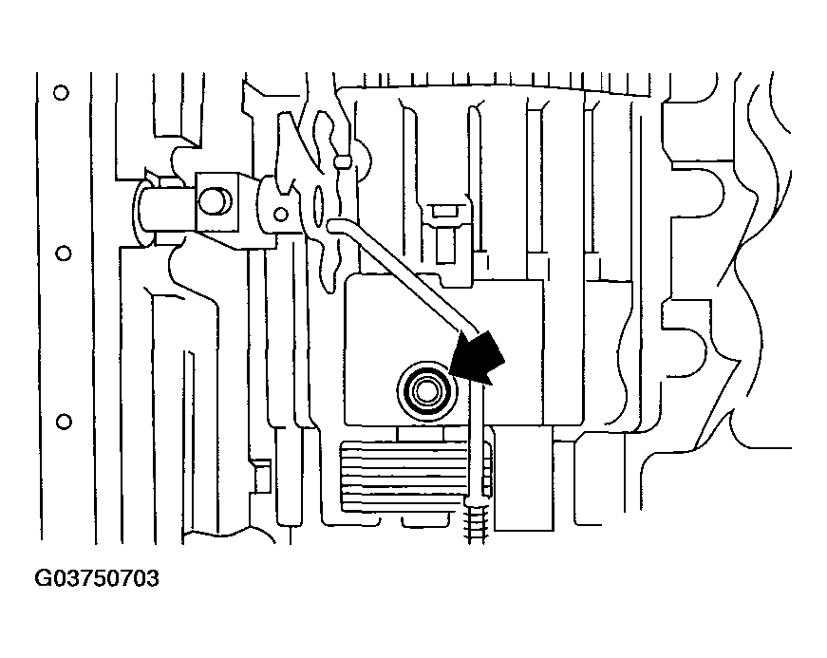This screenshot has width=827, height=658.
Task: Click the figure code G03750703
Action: tap(96, 578)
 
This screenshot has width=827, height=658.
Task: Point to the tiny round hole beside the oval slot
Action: tap(281, 213)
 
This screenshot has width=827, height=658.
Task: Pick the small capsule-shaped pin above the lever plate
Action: tap(344, 160)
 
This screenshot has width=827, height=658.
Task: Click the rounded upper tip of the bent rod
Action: tap(331, 223)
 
